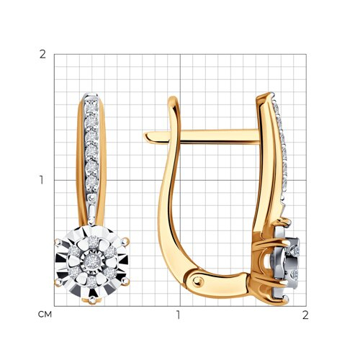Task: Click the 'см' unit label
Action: pyautogui.click(x=45, y=315)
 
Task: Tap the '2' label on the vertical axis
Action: pyautogui.click(x=42, y=55)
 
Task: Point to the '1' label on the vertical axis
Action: pyautogui.click(x=42, y=180)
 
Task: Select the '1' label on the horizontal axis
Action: pyautogui.click(x=178, y=315)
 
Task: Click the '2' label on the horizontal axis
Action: pyautogui.click(x=305, y=315)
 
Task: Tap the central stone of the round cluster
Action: pyautogui.click(x=91, y=260)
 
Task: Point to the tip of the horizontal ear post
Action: pyautogui.click(x=144, y=137)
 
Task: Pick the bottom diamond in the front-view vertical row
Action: pyautogui.click(x=91, y=182)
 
